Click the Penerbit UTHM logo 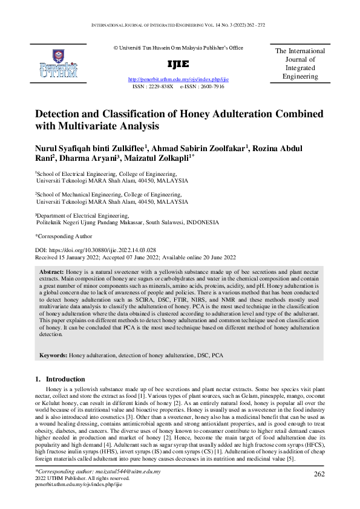click(58, 63)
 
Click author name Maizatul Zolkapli click(157, 159)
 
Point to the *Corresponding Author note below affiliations click(64, 236)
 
